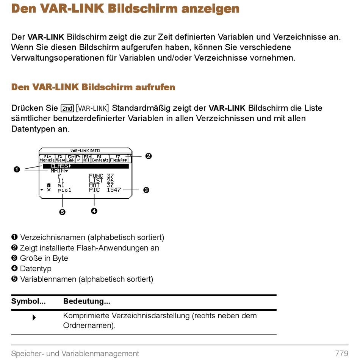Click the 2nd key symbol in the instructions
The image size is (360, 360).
click(x=67, y=108)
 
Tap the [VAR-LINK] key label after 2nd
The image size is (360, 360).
click(x=92, y=108)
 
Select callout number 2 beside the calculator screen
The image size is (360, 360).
click(x=149, y=156)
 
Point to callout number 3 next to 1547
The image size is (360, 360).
click(x=146, y=190)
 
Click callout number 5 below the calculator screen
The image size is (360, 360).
click(x=62, y=212)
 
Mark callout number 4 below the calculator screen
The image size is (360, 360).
click(x=94, y=211)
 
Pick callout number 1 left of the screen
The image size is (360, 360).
click(x=17, y=169)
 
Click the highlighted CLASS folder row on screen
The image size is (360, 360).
click(x=86, y=166)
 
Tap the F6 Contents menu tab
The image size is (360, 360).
click(x=100, y=158)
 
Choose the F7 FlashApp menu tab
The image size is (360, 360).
click(x=118, y=158)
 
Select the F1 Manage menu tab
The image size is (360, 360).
click(x=47, y=158)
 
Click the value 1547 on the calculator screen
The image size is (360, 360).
click(x=114, y=189)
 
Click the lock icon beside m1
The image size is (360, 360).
click(x=49, y=185)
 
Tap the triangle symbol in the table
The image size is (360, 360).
click(x=34, y=318)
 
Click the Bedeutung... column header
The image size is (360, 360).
click(x=87, y=301)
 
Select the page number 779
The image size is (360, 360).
click(x=342, y=353)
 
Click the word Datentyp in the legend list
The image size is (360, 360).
click(x=36, y=269)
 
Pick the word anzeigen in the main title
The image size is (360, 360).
click(x=210, y=9)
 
